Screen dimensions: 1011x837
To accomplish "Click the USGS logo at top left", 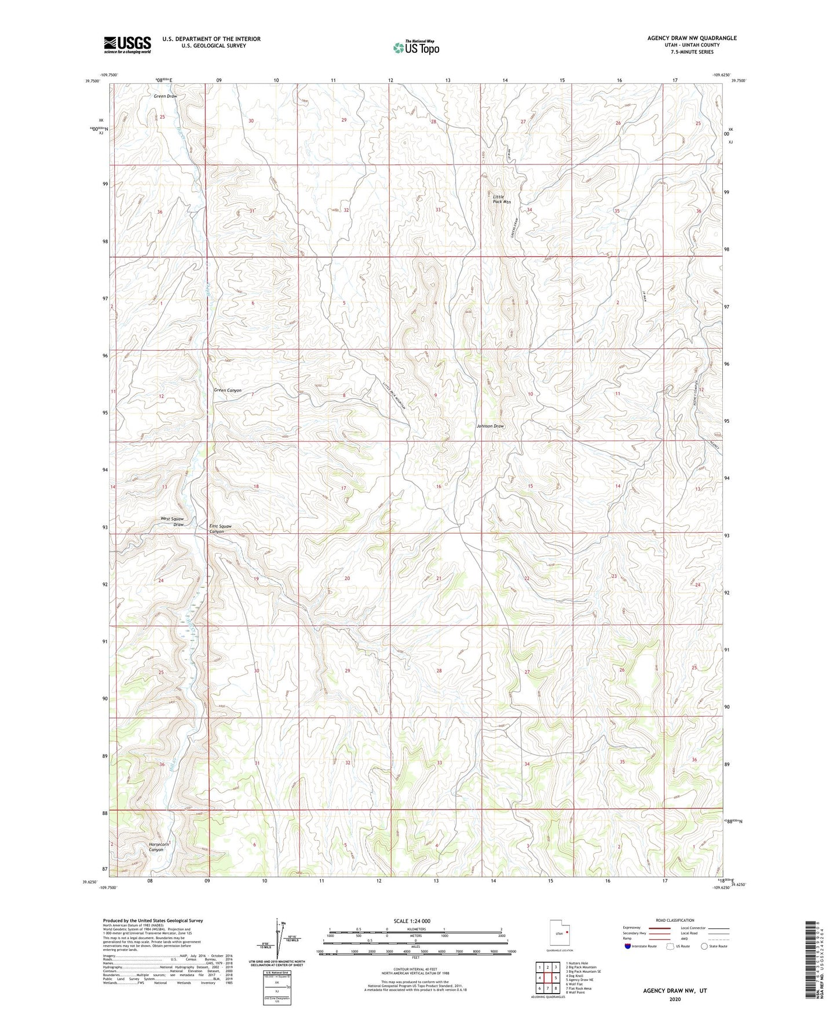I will coord(127,44).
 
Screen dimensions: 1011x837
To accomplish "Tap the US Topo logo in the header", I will coord(416,47).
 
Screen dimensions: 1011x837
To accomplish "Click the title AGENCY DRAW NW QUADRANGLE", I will coord(692,38).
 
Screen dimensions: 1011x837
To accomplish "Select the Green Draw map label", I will coord(165,96).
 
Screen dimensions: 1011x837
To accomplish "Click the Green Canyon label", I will coord(228,390).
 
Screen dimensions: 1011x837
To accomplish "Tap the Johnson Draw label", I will coord(490,426).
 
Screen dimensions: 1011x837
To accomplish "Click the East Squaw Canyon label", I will coord(220,529).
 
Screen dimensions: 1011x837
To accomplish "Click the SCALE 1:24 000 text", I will coord(411,921).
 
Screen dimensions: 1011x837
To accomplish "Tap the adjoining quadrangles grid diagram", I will coord(547,979).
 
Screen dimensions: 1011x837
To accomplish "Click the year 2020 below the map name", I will coord(674,999).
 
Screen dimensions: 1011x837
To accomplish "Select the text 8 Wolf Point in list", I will coord(576,992).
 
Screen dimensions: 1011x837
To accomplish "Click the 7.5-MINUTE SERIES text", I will coord(693,52).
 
